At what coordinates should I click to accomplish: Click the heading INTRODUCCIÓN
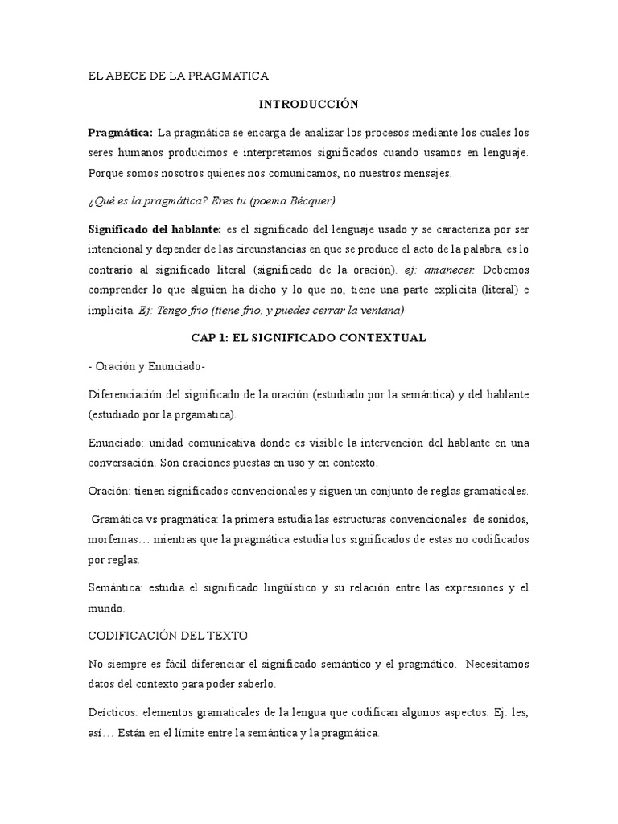pyautogui.click(x=308, y=104)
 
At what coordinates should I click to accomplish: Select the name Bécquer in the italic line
pyautogui.click(x=291, y=201)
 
